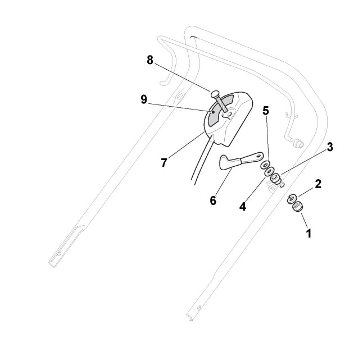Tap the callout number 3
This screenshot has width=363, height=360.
[x=330, y=147]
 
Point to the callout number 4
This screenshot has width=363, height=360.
[x=243, y=206]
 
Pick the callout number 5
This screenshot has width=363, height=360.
[x=266, y=111]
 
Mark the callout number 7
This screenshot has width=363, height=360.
[x=164, y=163]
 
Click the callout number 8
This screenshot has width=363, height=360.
[x=150, y=60]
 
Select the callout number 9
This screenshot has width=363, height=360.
[x=144, y=99]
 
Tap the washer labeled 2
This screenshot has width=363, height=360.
[x=293, y=198]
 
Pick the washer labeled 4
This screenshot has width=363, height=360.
[x=269, y=172]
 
